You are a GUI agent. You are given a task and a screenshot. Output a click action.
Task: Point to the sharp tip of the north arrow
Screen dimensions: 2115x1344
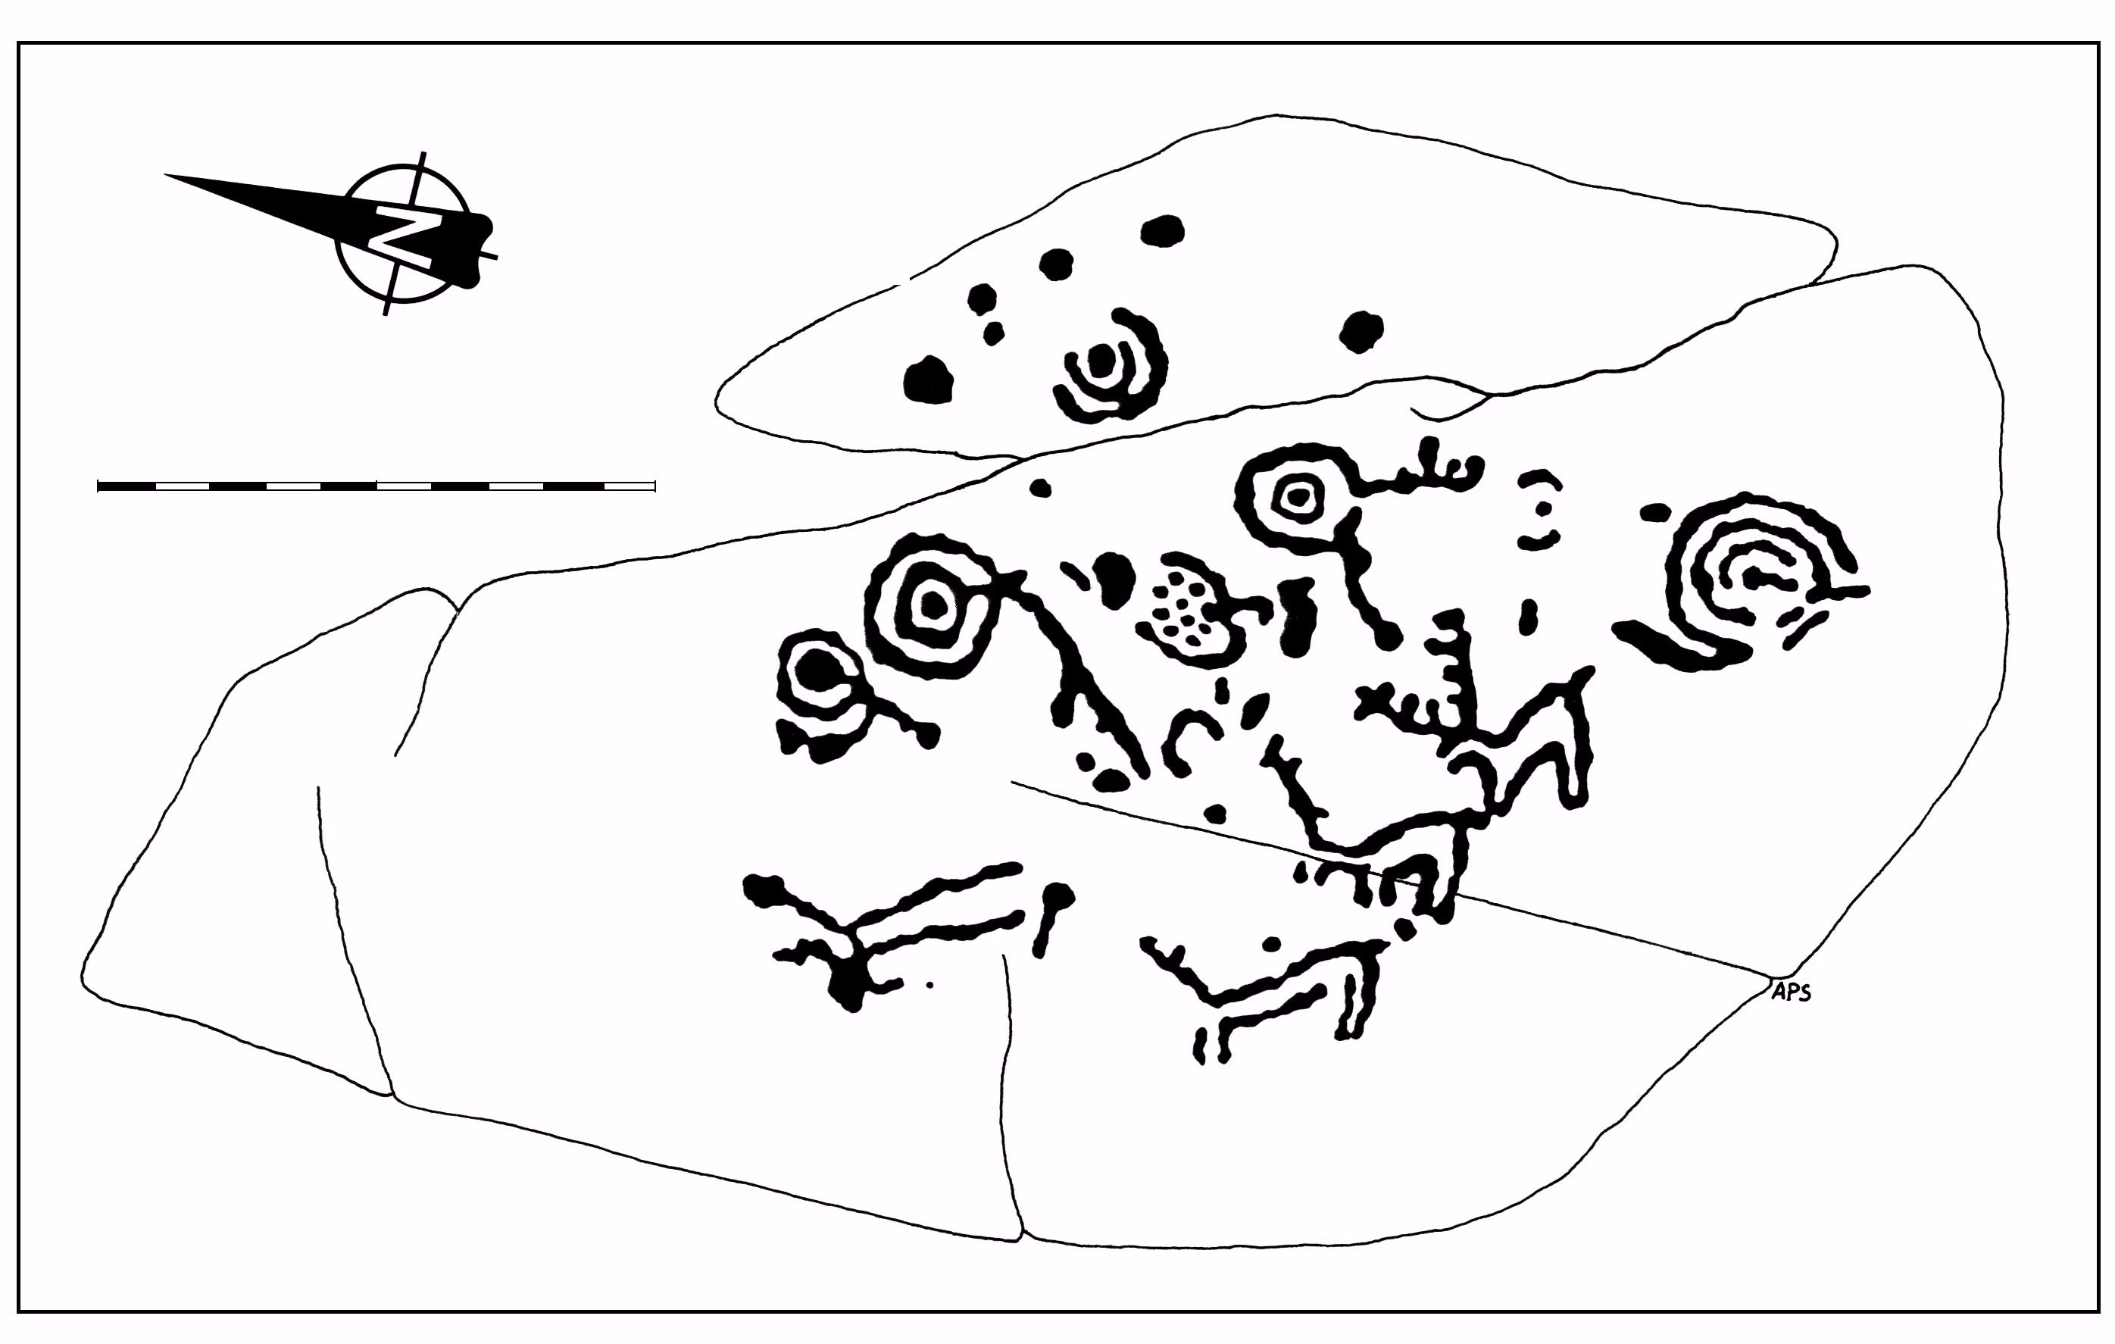165,176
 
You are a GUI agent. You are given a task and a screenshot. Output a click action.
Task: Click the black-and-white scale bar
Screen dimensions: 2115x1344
376,486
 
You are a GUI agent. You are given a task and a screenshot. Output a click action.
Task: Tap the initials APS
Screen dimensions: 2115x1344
1791,992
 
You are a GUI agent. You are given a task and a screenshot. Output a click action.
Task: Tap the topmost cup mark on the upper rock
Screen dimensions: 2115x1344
1162,231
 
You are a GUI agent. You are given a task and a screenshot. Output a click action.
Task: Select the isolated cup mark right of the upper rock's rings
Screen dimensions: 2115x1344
1361,331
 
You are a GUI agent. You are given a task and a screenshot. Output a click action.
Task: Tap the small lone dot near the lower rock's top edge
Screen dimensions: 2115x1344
1040,488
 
